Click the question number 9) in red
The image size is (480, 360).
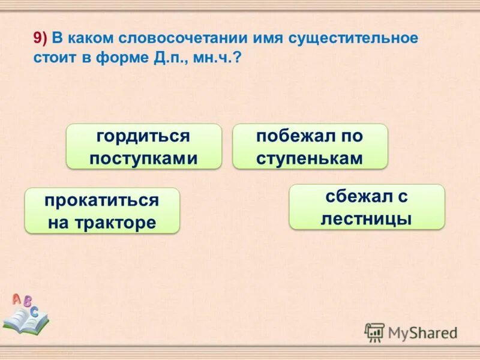(41, 38)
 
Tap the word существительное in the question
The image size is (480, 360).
(353, 38)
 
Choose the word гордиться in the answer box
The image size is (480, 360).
(143, 136)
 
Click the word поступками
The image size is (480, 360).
(143, 158)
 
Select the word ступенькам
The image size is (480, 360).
(310, 158)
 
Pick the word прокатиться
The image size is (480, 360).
(101, 200)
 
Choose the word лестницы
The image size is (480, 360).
(367, 218)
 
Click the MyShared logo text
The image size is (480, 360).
(422, 332)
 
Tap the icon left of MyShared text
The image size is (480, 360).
(374, 332)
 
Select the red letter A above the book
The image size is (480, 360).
(16, 298)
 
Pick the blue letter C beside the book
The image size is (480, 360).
(35, 311)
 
